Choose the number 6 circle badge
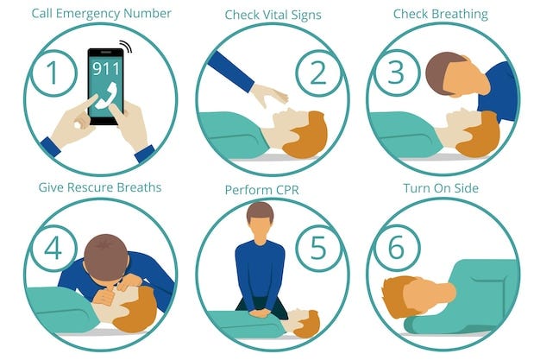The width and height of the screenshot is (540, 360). point(396,248)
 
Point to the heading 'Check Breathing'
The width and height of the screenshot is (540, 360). point(440,14)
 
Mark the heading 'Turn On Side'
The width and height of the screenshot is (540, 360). point(441,187)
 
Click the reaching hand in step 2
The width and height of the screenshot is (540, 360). point(269,93)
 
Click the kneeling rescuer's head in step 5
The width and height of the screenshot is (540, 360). point(260,222)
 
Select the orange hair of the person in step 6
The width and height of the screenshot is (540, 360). point(399,294)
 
